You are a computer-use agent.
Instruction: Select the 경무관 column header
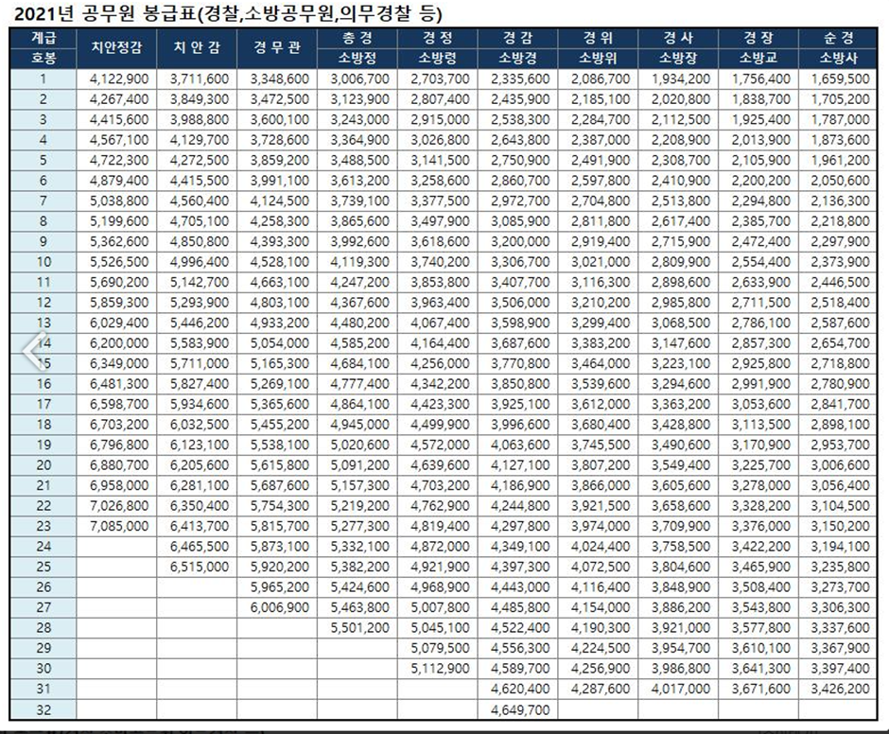pos(278,47)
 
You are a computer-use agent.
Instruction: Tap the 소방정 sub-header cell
pos(358,58)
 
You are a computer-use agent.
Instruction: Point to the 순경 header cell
pos(839,38)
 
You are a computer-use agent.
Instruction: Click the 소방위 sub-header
pos(598,58)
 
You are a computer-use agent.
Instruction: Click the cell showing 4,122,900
pos(118,79)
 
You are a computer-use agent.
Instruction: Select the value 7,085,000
pos(118,525)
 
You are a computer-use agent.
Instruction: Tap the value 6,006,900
pos(279,606)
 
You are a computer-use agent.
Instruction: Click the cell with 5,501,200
pos(359,627)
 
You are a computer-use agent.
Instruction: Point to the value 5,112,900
pos(440,668)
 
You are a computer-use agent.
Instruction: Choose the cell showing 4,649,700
pos(520,708)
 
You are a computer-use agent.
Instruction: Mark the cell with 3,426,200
pos(840,688)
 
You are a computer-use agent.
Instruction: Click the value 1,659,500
pos(840,79)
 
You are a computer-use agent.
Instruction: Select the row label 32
pos(43,708)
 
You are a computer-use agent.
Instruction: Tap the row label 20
pos(43,464)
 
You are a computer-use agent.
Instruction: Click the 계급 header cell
pos(43,38)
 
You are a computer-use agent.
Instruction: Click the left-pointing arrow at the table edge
pos(34,352)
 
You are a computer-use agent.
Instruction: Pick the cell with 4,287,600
pos(600,688)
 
